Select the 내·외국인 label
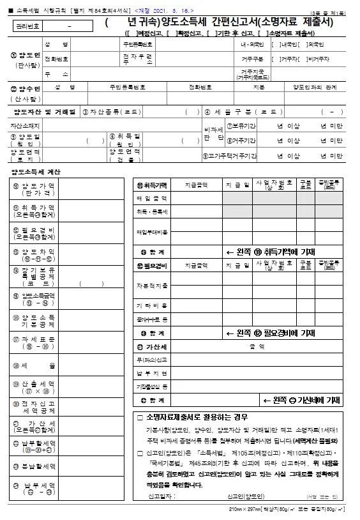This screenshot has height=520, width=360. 248,45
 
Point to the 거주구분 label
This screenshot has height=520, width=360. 248,59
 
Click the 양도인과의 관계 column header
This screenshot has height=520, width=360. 314,86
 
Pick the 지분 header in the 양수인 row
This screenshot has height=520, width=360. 259,86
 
